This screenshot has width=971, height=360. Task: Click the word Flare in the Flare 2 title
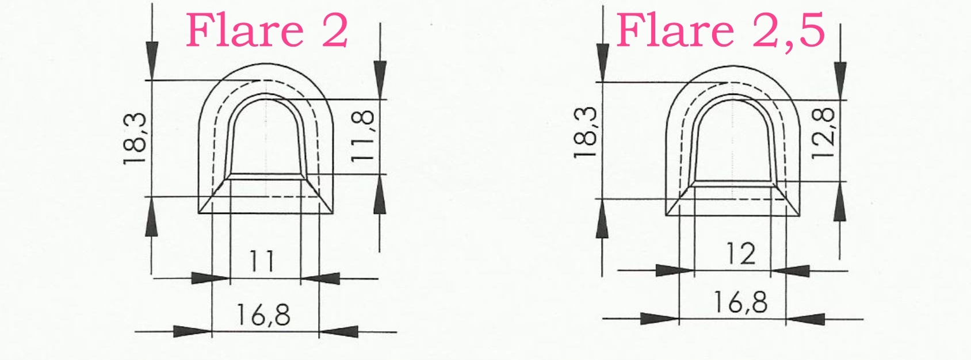(x=244, y=31)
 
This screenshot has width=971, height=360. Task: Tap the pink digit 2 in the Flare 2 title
(x=335, y=31)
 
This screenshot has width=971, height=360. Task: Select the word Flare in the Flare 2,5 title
(x=675, y=31)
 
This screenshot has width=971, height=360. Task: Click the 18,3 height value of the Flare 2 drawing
(x=136, y=138)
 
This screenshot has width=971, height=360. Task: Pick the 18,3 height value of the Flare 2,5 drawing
(x=586, y=132)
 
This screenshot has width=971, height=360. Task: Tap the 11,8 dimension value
(x=363, y=136)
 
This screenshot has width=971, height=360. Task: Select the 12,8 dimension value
(x=824, y=133)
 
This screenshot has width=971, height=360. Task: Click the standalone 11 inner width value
(x=262, y=262)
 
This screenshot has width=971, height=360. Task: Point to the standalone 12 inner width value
(x=740, y=254)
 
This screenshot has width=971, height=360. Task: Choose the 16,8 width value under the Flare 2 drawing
(x=263, y=315)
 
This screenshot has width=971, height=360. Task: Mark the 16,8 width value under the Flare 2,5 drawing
(x=741, y=302)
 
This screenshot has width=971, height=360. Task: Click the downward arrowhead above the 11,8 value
(x=380, y=79)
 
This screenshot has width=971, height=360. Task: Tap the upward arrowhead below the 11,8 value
(x=380, y=196)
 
